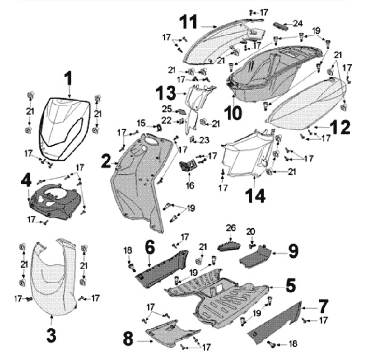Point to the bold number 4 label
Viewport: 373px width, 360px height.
(x=26, y=182)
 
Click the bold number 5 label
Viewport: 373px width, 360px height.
(x=291, y=284)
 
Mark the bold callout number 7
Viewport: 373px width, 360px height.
(x=308, y=303)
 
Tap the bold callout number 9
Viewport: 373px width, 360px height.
(x=293, y=252)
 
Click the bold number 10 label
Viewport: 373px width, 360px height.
(x=233, y=112)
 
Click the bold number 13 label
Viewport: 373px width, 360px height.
(x=167, y=93)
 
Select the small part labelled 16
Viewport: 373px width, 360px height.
(x=188, y=166)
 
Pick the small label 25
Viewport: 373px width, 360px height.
(x=167, y=109)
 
